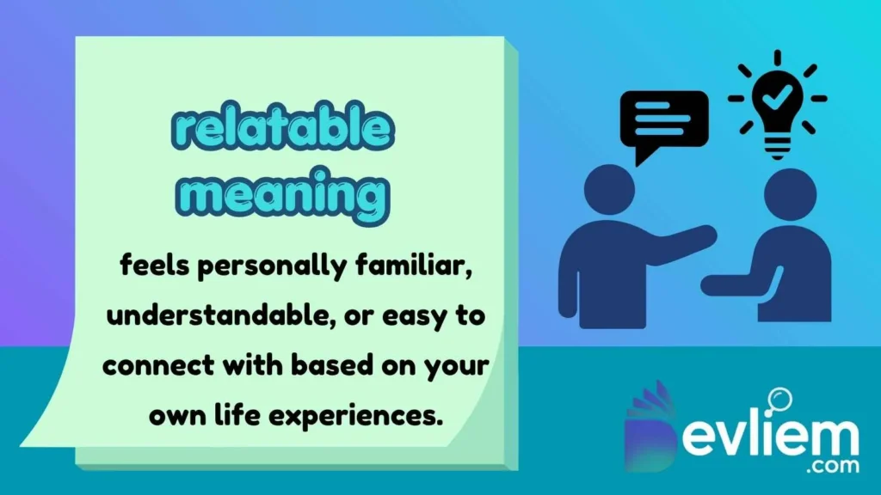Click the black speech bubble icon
(664, 125)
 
